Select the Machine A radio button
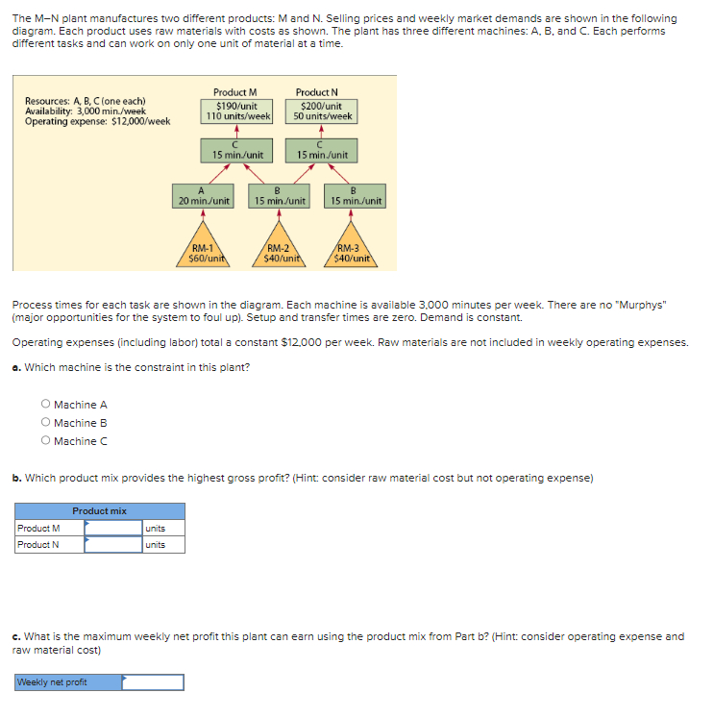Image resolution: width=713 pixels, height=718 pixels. pyautogui.click(x=45, y=405)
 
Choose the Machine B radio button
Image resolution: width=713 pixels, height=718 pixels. pyautogui.click(x=45, y=423)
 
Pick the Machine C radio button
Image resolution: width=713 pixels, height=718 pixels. pyautogui.click(x=45, y=441)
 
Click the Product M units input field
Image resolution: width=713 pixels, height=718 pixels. pyautogui.click(x=112, y=528)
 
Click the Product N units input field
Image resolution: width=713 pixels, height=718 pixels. pyautogui.click(x=112, y=545)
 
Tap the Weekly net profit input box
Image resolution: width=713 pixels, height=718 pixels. pyautogui.click(x=152, y=682)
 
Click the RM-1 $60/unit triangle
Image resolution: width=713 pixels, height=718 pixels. pyautogui.click(x=206, y=252)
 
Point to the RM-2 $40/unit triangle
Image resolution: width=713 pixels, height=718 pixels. pyautogui.click(x=279, y=252)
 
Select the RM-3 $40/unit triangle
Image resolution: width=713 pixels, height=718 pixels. pyautogui.click(x=353, y=252)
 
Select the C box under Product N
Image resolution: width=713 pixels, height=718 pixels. pyautogui.click(x=322, y=150)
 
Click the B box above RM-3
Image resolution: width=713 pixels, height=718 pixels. pyautogui.click(x=355, y=196)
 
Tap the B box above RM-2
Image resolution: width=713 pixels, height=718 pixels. pyautogui.click(x=279, y=196)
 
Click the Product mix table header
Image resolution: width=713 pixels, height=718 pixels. pyautogui.click(x=99, y=510)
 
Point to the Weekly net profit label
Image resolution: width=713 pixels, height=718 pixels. pyautogui.click(x=52, y=682)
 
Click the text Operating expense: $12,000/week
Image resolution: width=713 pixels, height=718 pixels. pyautogui.click(x=97, y=121)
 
